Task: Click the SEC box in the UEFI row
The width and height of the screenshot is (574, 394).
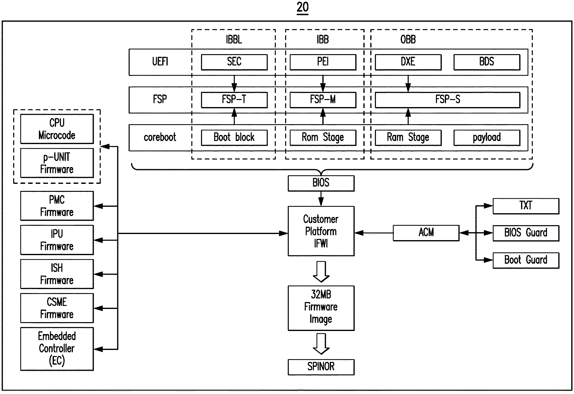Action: [234, 62]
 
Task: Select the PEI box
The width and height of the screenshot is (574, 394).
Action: [323, 62]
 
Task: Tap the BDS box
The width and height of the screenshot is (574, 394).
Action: [486, 62]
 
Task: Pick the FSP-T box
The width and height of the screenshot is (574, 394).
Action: [234, 100]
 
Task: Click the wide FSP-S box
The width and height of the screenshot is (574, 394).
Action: [447, 100]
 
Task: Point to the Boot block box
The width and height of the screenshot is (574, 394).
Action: [234, 137]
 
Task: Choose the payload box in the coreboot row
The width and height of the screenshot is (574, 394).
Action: [486, 137]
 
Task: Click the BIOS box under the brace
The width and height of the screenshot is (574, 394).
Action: [321, 183]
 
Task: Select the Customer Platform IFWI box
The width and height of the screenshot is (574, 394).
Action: [321, 231]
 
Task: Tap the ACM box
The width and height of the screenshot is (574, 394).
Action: [426, 233]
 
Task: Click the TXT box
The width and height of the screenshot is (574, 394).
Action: [526, 206]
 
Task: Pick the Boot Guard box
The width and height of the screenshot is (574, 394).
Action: [526, 260]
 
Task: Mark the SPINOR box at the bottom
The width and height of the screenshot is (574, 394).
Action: [321, 367]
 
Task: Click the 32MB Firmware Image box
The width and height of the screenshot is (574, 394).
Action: [321, 308]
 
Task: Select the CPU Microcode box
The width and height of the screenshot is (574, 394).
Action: [57, 129]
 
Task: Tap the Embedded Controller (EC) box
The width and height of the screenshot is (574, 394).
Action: [57, 349]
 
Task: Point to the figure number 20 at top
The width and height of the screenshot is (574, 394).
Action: [302, 7]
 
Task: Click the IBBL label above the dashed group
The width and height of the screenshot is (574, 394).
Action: [234, 40]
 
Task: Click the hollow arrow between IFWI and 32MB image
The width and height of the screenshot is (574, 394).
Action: [321, 271]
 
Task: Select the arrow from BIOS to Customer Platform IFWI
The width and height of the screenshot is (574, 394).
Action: [321, 199]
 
